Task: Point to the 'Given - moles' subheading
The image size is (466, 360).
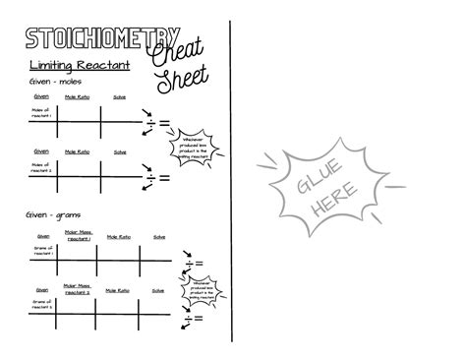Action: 50,82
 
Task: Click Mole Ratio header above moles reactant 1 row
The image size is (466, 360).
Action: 78,97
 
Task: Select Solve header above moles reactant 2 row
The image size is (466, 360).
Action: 119,150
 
